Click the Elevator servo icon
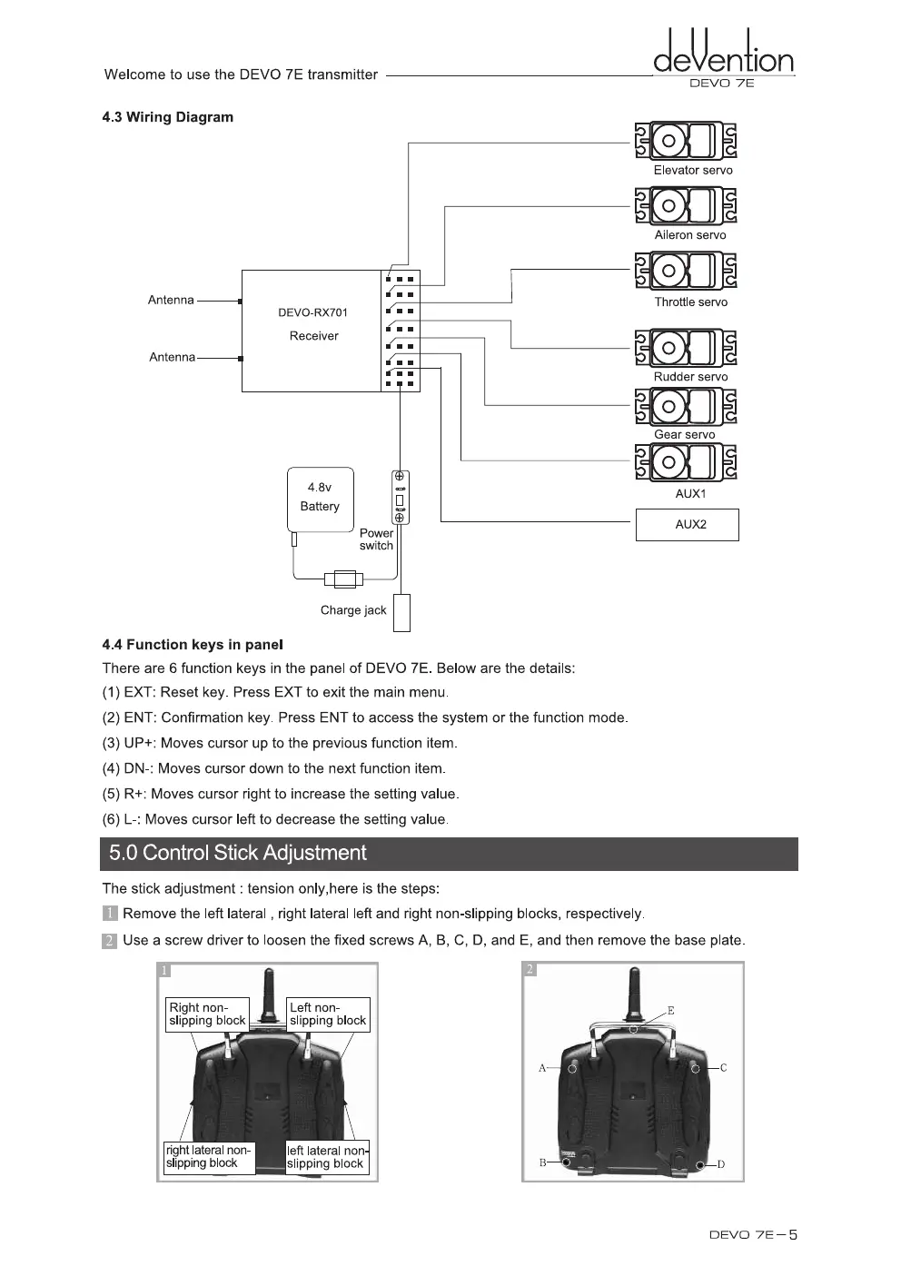click(x=686, y=141)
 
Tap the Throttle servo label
click(x=690, y=302)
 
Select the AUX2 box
click(x=688, y=525)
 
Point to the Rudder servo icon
click(x=686, y=349)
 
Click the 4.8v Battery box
click(x=320, y=500)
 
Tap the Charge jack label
click(x=353, y=610)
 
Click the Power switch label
click(x=376, y=539)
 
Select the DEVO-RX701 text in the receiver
click(x=312, y=312)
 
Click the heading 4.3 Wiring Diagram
click(x=168, y=117)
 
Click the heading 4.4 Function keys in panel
click(x=193, y=645)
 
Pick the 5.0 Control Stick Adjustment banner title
click(x=238, y=854)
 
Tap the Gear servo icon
click(x=686, y=406)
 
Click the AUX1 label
click(x=690, y=494)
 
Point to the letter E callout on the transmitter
click(x=670, y=1010)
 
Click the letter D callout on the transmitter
click(x=720, y=1164)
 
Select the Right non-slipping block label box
click(x=207, y=1014)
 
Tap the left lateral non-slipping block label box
click(x=327, y=1157)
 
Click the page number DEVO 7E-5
click(x=753, y=1235)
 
